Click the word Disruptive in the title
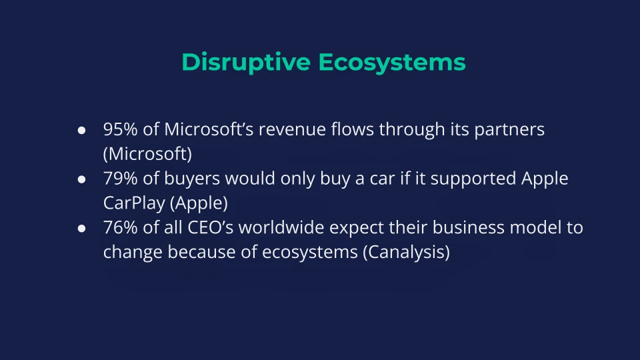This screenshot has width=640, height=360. (246, 62)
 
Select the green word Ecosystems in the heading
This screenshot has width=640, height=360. (392, 63)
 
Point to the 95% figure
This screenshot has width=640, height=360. (121, 129)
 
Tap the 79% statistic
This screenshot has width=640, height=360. (121, 179)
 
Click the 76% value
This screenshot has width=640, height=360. (121, 227)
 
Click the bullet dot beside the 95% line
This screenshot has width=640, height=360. (81, 130)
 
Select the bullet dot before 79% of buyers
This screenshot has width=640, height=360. (81, 179)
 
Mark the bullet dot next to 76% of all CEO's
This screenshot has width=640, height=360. (81, 228)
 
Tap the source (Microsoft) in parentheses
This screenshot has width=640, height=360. (147, 154)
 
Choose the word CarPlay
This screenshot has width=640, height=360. (134, 203)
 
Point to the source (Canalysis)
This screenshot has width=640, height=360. (406, 252)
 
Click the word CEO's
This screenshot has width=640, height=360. (210, 227)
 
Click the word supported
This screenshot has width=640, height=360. (473, 179)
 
